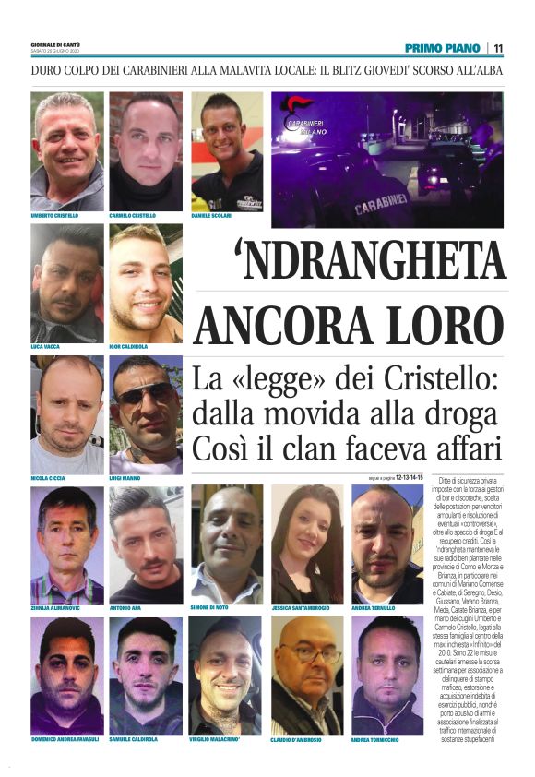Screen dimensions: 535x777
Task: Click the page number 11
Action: coord(498,48)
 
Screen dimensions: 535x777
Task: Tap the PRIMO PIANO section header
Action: coord(443,48)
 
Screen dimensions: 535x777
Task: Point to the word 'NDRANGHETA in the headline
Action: coord(351,262)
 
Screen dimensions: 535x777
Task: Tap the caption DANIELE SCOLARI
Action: coord(211,216)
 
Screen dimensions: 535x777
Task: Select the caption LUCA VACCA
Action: coord(47,347)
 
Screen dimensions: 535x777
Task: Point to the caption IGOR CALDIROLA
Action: coord(131,347)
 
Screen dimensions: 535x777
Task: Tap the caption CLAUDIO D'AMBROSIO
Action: coord(302,740)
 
